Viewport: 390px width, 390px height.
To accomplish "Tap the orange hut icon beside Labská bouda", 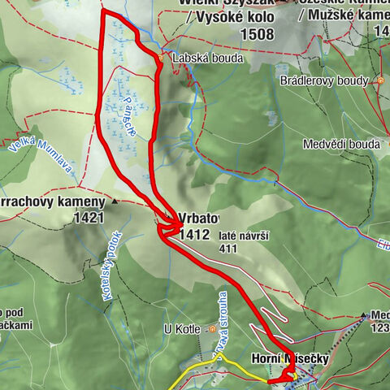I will point(161,58).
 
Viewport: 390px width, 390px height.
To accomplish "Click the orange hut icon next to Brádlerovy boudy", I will point(379,80).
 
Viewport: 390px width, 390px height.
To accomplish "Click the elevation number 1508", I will point(257,34).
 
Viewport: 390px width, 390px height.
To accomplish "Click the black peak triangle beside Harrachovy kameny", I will point(115,201).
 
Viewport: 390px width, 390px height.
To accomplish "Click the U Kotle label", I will point(182,329).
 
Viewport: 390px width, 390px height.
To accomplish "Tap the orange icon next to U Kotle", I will point(211,329).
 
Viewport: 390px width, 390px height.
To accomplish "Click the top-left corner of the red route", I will point(102,11).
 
